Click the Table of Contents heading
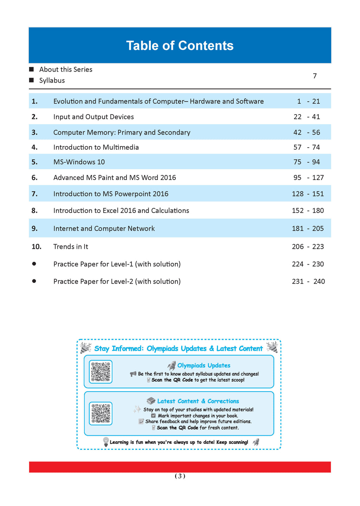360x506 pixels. pyautogui.click(x=180, y=46)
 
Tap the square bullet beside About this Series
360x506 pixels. pyautogui.click(x=32, y=69)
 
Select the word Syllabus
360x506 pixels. pyautogui.click(x=52, y=80)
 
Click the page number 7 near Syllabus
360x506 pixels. pyautogui.click(x=315, y=76)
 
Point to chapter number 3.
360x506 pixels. pyautogui.click(x=34, y=132)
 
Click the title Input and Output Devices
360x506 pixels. pyautogui.click(x=94, y=117)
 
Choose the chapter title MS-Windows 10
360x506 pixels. pyautogui.click(x=79, y=162)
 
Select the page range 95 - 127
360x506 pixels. pyautogui.click(x=308, y=178)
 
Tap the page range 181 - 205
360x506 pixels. pyautogui.click(x=308, y=229)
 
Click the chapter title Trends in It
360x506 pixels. pyautogui.click(x=71, y=247)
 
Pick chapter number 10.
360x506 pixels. pyautogui.click(x=37, y=247)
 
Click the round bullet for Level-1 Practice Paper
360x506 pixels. pyautogui.click(x=34, y=264)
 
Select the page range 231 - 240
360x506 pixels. pyautogui.click(x=308, y=281)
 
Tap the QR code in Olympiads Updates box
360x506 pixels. pyautogui.click(x=101, y=371)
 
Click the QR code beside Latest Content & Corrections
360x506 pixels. pyautogui.click(x=101, y=413)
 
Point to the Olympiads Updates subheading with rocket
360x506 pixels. pyautogui.click(x=199, y=365)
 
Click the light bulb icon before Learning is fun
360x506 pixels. pyautogui.click(x=105, y=442)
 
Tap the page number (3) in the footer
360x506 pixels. pyautogui.click(x=180, y=476)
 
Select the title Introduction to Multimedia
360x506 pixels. pyautogui.click(x=96, y=147)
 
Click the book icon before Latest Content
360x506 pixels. pyautogui.click(x=151, y=401)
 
